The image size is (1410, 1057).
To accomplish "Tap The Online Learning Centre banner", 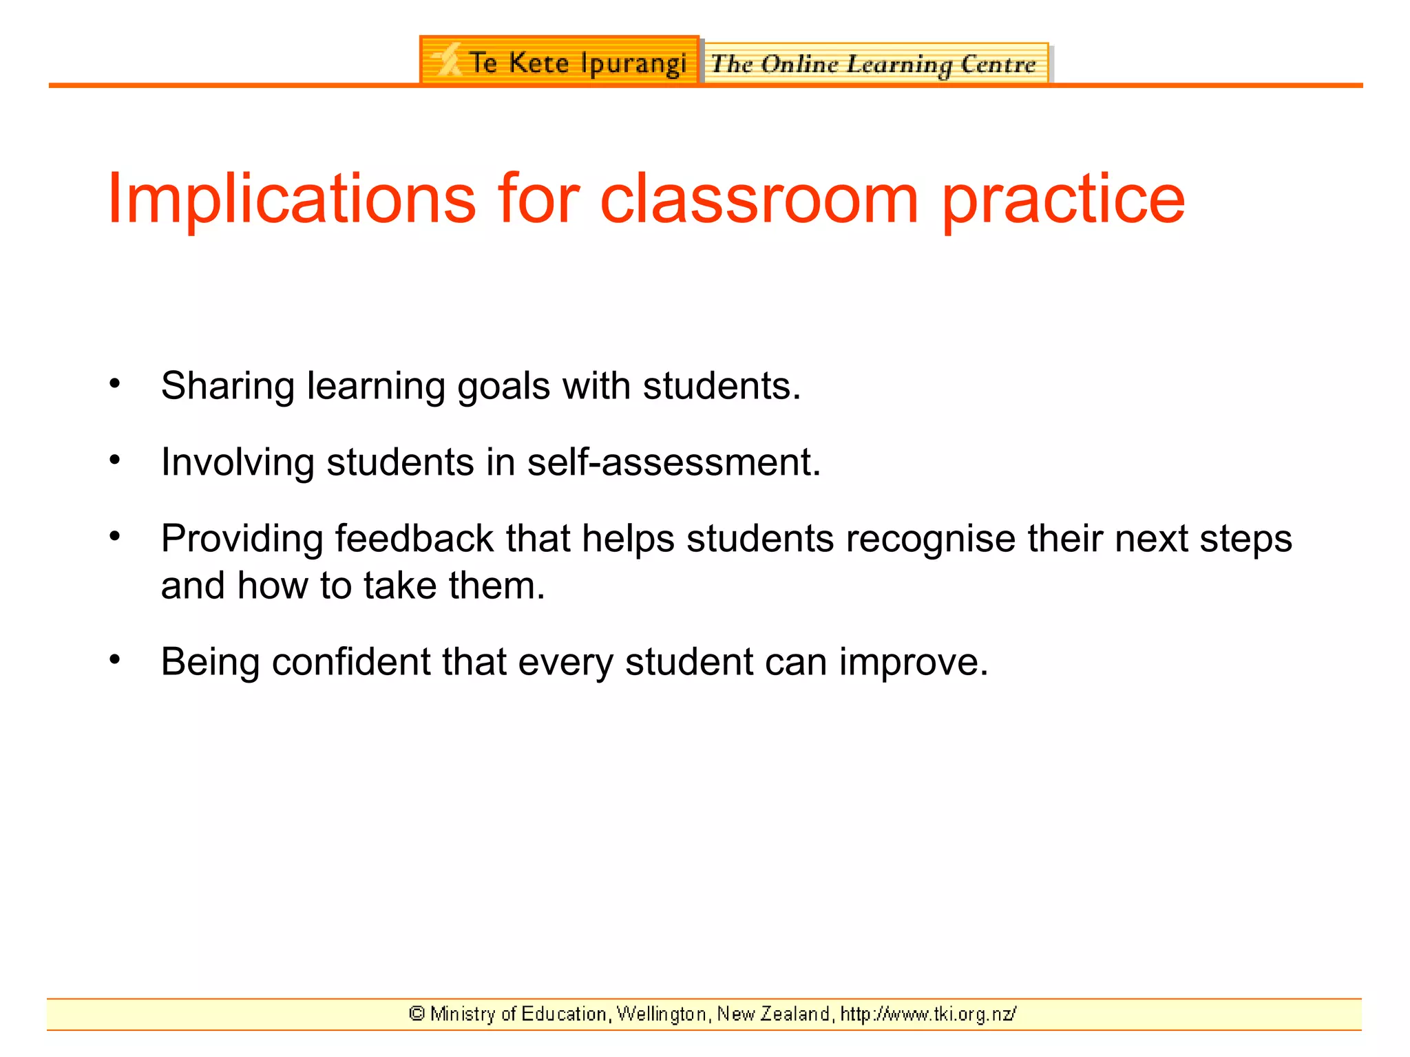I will pyautogui.click(x=874, y=64).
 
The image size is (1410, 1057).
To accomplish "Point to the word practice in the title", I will pyautogui.click(x=1063, y=200).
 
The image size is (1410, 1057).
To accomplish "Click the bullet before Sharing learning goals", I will pyautogui.click(x=115, y=383).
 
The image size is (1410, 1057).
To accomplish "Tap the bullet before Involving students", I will pyautogui.click(x=115, y=459).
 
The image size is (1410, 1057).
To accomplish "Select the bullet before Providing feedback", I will pyautogui.click(x=115, y=535).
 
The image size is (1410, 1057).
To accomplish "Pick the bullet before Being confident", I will pyautogui.click(x=115, y=659).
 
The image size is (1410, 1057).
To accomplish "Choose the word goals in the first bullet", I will pyautogui.click(x=503, y=386).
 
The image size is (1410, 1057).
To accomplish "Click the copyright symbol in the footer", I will pyautogui.click(x=417, y=1014).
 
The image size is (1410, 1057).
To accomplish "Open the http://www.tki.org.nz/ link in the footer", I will pyautogui.click(x=928, y=1014).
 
